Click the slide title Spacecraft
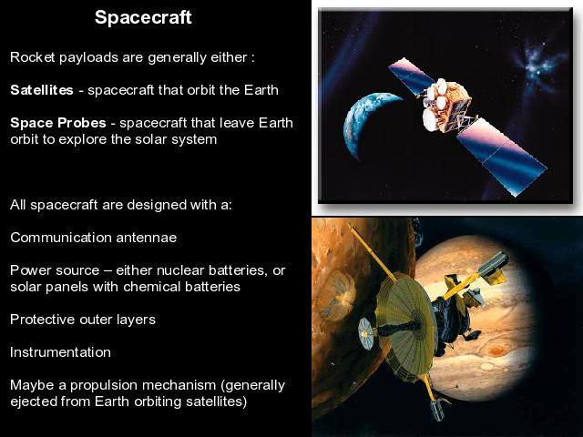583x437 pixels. point(143,17)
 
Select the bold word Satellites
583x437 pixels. point(42,90)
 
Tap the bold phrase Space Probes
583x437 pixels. point(58,123)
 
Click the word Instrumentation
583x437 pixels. point(60,352)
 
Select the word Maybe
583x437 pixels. point(33,385)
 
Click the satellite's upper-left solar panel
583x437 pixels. point(411,76)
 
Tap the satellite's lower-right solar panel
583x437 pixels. point(501,156)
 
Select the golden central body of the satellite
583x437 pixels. point(447,106)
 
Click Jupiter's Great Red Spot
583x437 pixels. point(496,350)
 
